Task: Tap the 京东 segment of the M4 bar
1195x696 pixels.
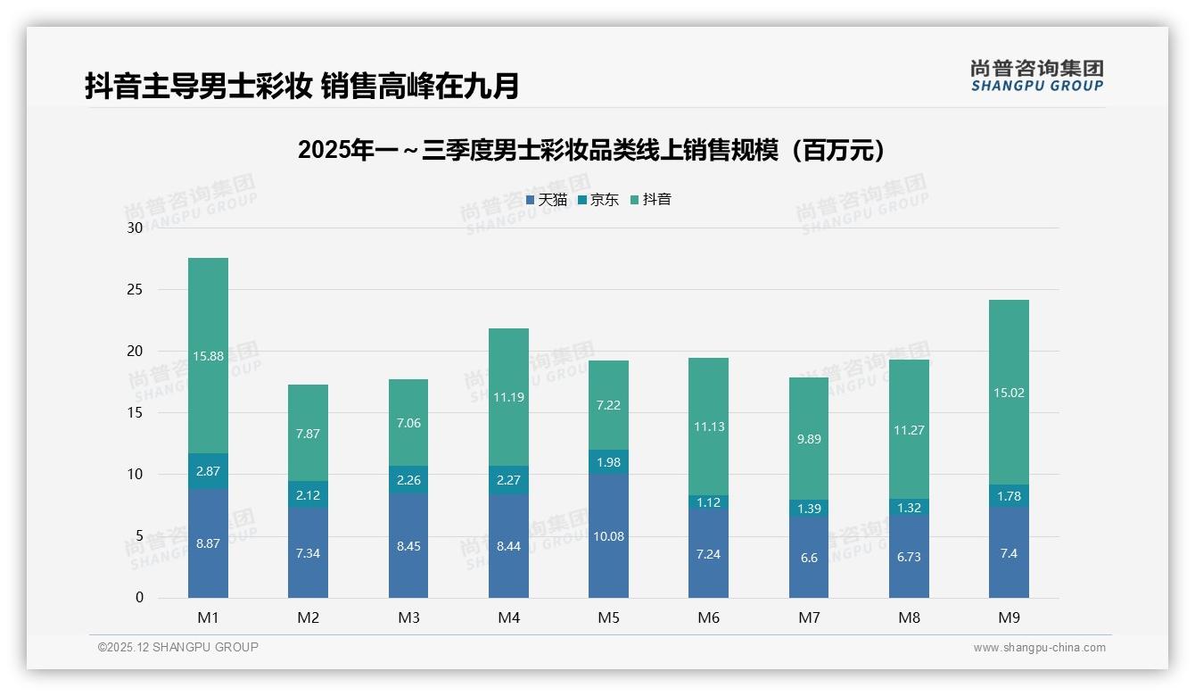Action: (508, 480)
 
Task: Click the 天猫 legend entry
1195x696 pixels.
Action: (547, 200)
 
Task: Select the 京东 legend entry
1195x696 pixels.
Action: (598, 200)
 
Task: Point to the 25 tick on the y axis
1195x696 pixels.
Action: (135, 290)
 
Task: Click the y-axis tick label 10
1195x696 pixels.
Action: (135, 475)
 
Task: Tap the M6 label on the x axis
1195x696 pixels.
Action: (708, 617)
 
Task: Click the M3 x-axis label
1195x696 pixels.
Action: (408, 617)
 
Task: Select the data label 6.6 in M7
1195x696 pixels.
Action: (809, 558)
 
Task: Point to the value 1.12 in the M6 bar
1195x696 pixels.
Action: (708, 502)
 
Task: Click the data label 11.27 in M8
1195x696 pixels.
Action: (909, 430)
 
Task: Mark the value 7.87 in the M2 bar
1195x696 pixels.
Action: (308, 434)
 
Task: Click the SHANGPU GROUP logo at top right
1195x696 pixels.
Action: (1036, 76)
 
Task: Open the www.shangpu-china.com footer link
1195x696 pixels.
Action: (1039, 648)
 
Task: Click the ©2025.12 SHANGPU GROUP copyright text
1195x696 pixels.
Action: (178, 648)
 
